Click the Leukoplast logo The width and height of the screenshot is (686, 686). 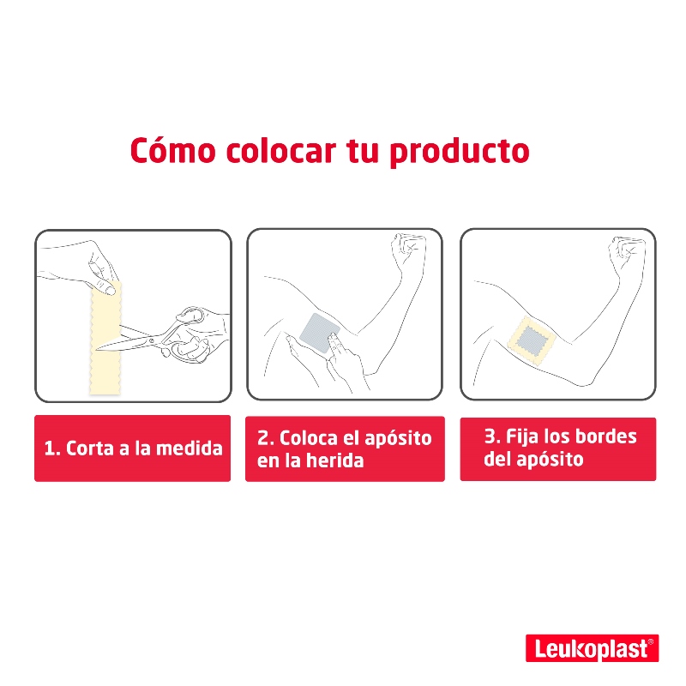[x=591, y=649]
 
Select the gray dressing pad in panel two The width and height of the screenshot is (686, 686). [x=322, y=334]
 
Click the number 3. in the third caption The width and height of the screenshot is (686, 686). [x=492, y=436]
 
